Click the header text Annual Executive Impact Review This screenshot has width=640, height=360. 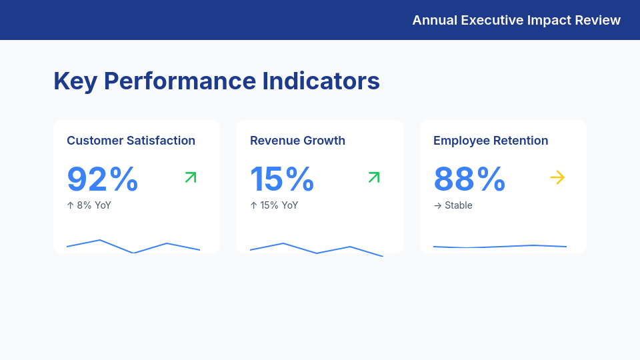click(x=516, y=20)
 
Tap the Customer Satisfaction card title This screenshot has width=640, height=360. click(x=131, y=141)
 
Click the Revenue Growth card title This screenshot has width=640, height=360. click(x=297, y=141)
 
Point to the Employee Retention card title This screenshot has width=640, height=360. click(x=491, y=141)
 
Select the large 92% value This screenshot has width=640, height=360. click(x=103, y=179)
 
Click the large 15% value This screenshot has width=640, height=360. click(x=282, y=179)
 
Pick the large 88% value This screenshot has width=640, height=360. click(x=469, y=179)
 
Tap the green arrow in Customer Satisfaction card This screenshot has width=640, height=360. click(x=191, y=177)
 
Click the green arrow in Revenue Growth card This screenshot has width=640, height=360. click(x=374, y=177)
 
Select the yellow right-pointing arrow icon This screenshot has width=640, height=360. click(x=557, y=177)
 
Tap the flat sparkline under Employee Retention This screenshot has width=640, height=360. click(x=500, y=247)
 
